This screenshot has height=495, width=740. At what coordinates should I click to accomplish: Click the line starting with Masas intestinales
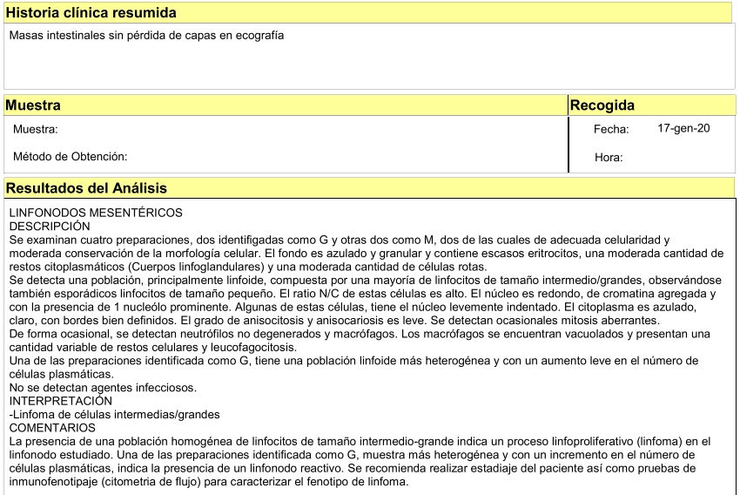(x=146, y=36)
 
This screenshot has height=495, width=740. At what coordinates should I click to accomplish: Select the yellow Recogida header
(x=602, y=105)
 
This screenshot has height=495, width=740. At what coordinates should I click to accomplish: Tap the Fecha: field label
(x=611, y=129)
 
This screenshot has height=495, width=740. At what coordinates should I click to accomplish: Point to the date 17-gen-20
(x=683, y=128)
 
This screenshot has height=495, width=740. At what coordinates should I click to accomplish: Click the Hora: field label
(x=608, y=158)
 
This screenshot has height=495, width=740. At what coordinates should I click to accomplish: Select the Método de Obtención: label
(x=71, y=157)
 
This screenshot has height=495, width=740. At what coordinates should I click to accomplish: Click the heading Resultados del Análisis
(x=86, y=188)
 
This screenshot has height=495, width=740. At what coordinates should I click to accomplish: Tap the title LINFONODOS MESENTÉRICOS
(x=96, y=213)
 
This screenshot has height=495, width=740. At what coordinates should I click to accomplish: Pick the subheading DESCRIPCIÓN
(x=50, y=226)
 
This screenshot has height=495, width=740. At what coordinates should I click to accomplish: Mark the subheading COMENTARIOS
(x=52, y=428)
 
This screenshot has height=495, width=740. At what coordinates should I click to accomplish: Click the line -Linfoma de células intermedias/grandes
(x=114, y=414)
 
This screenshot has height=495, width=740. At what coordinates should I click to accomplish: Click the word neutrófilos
(x=200, y=334)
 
